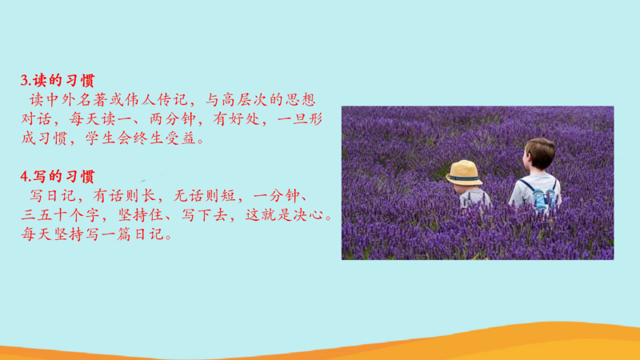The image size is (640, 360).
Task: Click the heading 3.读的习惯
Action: coord(58,81)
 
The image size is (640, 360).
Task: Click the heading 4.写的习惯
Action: coord(58,177)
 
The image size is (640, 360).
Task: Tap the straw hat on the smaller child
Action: coord(464,172)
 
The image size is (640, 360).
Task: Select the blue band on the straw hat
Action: coord(465,178)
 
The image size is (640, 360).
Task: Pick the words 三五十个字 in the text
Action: coord(61,215)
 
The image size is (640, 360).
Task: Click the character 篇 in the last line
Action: coord(125,234)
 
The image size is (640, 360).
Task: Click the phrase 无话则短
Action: coord(205,196)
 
